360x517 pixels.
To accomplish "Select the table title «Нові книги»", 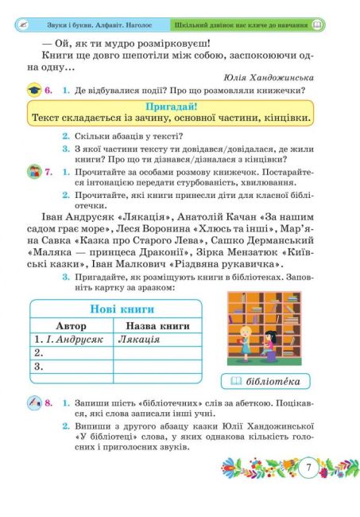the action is (110, 310).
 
